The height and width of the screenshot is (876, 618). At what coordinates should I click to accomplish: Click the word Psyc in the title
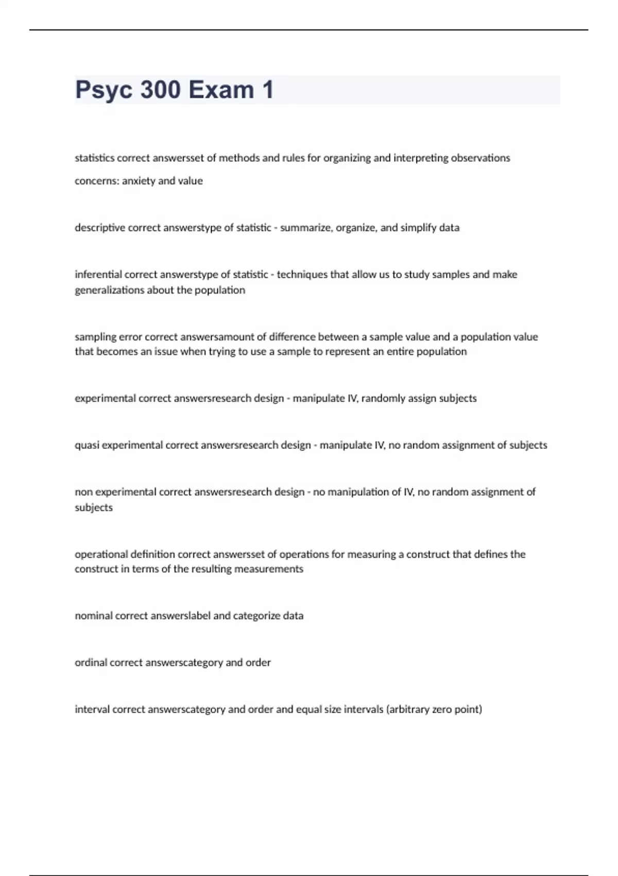click(104, 90)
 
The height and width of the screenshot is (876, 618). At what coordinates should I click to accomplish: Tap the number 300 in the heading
click(160, 90)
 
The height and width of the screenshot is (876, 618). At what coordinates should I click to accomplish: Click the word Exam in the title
click(221, 90)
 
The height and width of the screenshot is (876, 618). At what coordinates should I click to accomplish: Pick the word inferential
click(98, 275)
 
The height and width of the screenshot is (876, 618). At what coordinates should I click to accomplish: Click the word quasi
click(87, 445)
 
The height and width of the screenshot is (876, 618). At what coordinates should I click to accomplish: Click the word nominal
click(93, 616)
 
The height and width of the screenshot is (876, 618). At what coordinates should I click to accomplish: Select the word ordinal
click(91, 663)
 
